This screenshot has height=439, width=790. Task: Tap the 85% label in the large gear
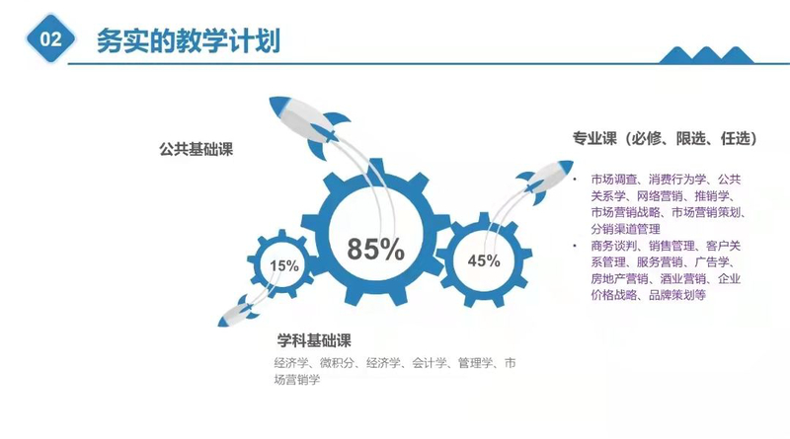coord(375,250)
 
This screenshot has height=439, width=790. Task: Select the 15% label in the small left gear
coord(284,265)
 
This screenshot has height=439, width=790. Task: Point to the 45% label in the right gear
coord(483,261)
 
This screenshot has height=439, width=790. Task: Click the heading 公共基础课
coord(202,150)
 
